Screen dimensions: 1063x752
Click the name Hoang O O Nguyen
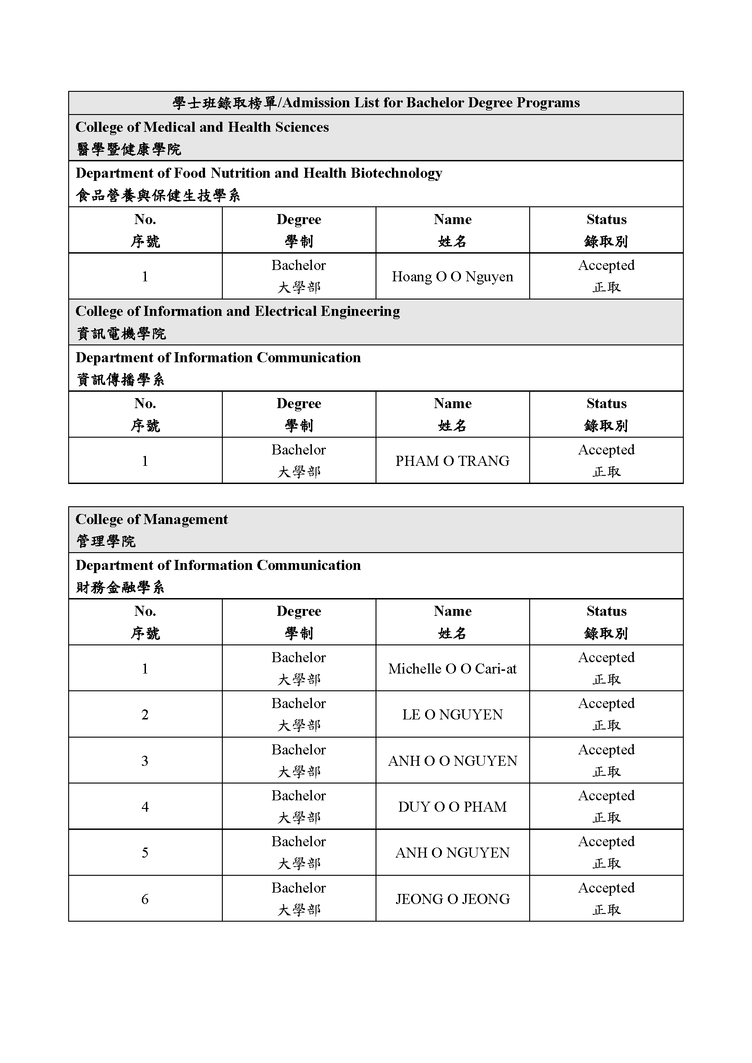[x=452, y=277]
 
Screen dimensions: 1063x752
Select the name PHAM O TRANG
[x=452, y=461]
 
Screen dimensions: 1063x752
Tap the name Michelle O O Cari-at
[x=452, y=669]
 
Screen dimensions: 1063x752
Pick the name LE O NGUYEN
[x=452, y=714]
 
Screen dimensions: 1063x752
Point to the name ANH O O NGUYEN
[x=452, y=761]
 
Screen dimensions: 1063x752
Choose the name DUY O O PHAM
[x=452, y=807]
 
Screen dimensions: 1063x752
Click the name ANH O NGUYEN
[x=452, y=852]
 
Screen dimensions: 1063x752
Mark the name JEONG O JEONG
[x=452, y=898]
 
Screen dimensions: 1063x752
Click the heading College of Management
[x=151, y=519]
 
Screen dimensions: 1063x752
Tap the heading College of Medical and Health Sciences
[x=202, y=127]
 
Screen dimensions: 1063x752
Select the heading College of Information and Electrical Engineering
[x=237, y=311]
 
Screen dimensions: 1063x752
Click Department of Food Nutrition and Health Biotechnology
[x=259, y=173]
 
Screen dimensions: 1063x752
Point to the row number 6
[x=145, y=899]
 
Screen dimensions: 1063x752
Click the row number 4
[x=145, y=807]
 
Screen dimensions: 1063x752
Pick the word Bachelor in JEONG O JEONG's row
[x=299, y=888]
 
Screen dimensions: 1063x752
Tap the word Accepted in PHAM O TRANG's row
[x=606, y=449]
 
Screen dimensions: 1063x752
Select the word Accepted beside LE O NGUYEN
[x=606, y=703]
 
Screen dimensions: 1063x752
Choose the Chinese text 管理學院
[x=105, y=541]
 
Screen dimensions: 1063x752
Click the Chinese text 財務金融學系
[x=120, y=588]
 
